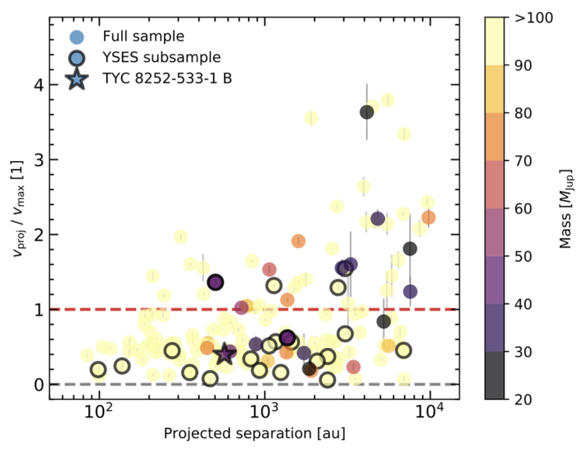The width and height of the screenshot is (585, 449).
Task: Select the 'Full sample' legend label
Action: click(142, 36)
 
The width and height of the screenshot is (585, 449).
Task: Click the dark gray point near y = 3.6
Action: click(367, 112)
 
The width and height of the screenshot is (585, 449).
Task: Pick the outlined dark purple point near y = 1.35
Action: click(215, 282)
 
